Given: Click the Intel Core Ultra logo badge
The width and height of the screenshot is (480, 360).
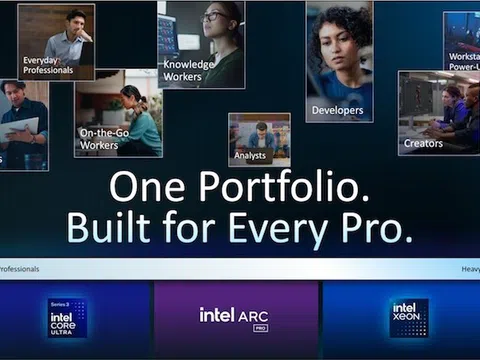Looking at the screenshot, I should pyautogui.click(x=67, y=318).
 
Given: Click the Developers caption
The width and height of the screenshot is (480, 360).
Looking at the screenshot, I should pyautogui.click(x=337, y=110).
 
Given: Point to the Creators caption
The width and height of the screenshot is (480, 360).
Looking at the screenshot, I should pyautogui.click(x=423, y=143).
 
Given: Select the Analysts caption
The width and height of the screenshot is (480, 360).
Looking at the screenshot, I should pyautogui.click(x=250, y=155).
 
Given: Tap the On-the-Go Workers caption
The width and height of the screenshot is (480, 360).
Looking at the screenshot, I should pyautogui.click(x=101, y=139).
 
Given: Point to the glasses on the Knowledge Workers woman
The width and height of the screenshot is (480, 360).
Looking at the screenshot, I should pyautogui.click(x=214, y=17).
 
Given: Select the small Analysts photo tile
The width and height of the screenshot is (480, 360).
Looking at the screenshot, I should pyautogui.click(x=259, y=138).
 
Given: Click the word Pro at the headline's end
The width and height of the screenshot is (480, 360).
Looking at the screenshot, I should pyautogui.click(x=381, y=228).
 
